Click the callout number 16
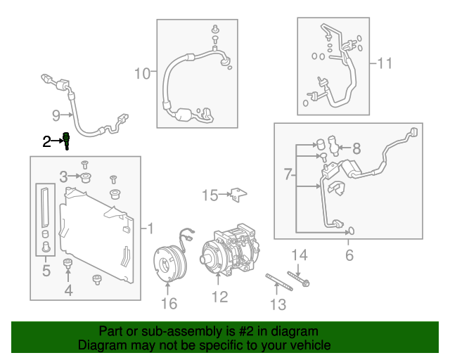click(x=169, y=303)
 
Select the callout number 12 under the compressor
click(x=219, y=297)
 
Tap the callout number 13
click(x=278, y=304)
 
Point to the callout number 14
click(x=300, y=255)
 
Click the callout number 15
click(x=210, y=195)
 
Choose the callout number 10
click(x=142, y=72)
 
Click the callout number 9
click(x=56, y=115)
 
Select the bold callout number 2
click(x=46, y=142)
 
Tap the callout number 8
click(x=356, y=148)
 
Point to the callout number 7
click(x=288, y=173)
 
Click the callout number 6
click(x=349, y=255)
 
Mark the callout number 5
click(x=46, y=269)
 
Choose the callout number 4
click(x=68, y=290)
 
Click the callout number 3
click(x=63, y=176)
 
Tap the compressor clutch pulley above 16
click(x=169, y=262)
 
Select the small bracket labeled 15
click(x=239, y=194)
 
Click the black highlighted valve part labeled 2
click(x=67, y=140)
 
